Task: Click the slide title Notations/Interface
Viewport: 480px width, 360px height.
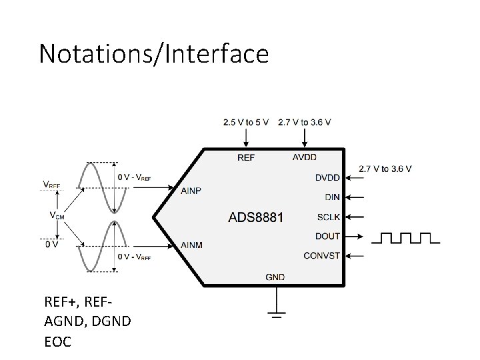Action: [x=153, y=53]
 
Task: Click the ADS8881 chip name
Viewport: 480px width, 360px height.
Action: [x=256, y=217]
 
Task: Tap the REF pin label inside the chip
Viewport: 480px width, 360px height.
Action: [x=246, y=157]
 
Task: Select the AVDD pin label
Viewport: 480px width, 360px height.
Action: [x=305, y=157]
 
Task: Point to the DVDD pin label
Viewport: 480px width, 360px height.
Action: [x=327, y=177]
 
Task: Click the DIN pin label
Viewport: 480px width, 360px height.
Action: [x=332, y=197]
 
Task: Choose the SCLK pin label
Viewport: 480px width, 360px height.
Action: [x=329, y=217]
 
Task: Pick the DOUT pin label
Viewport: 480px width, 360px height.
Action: [x=327, y=236]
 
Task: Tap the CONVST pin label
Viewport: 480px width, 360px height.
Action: [x=321, y=255]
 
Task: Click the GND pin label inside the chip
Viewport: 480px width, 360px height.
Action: [x=275, y=276]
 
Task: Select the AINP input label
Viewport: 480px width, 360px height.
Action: [x=191, y=191]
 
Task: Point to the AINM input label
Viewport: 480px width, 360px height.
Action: [x=191, y=245]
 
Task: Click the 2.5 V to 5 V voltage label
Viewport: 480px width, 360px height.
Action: [x=246, y=122]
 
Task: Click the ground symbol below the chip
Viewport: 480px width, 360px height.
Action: [x=275, y=312]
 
